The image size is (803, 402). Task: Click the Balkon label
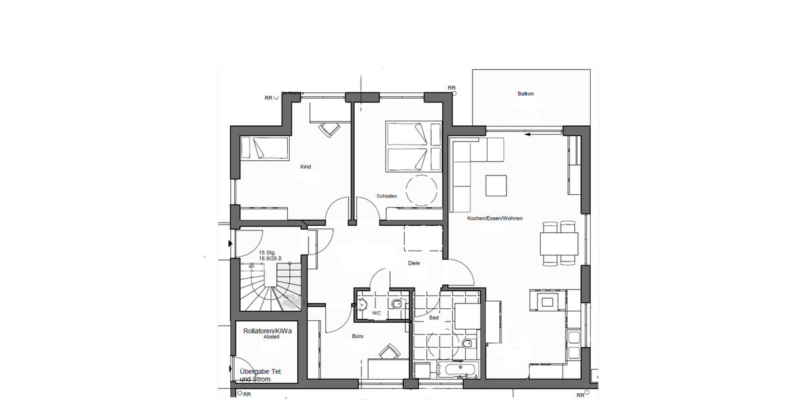(x=525, y=94)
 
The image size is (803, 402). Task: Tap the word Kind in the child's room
(x=306, y=166)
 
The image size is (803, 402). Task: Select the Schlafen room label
(x=387, y=196)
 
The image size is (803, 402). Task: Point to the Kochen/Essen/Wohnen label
(x=496, y=219)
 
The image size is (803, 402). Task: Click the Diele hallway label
(x=414, y=263)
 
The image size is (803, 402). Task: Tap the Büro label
(x=357, y=336)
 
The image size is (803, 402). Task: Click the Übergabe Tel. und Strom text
(x=264, y=376)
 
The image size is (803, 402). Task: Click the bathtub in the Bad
(x=458, y=369)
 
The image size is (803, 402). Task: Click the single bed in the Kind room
(x=264, y=147)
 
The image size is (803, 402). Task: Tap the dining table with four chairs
(x=559, y=243)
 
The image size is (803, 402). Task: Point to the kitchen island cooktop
(x=549, y=301)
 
